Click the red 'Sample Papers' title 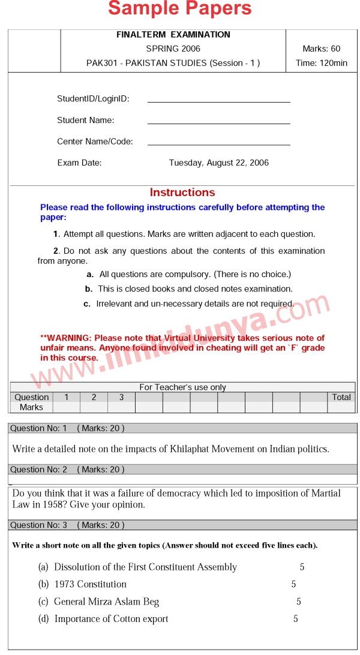click(x=180, y=9)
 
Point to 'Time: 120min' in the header click(x=321, y=63)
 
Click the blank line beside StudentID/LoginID click(x=218, y=101)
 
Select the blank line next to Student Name click(x=218, y=123)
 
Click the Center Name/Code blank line click(x=218, y=145)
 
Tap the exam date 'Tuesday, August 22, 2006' click(x=219, y=163)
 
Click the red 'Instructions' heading click(x=182, y=193)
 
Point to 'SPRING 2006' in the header click(x=173, y=49)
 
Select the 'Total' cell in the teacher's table click(x=341, y=397)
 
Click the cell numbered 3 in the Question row click(x=121, y=397)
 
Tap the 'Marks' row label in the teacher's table click(x=31, y=407)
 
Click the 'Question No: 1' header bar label click(x=39, y=428)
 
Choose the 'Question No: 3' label click(x=39, y=525)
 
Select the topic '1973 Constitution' click(x=90, y=584)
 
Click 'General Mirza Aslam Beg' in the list click(x=106, y=602)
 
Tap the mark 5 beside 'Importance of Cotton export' click(x=296, y=619)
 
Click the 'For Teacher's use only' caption click(x=183, y=387)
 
